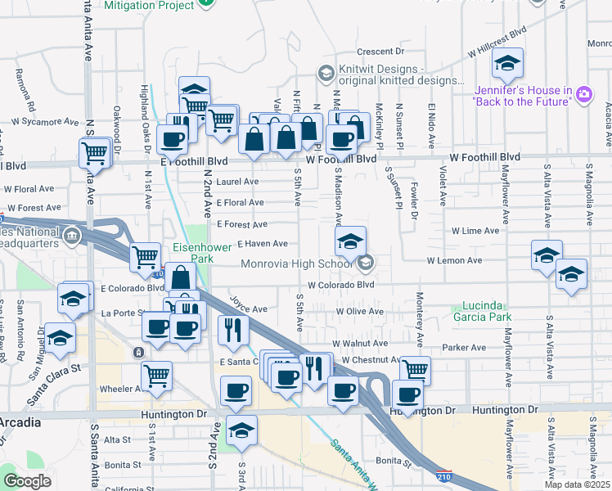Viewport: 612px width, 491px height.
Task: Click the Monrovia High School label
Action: pos(298,264)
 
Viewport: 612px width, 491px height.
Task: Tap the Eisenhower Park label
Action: pos(192,252)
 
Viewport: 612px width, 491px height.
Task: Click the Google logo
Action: pos(27,481)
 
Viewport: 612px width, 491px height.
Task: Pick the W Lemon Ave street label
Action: pos(454,260)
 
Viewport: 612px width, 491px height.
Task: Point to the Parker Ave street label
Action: pos(460,347)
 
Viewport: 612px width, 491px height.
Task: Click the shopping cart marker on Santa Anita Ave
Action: pos(95,152)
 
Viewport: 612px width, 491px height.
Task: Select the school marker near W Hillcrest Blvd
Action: pos(508,64)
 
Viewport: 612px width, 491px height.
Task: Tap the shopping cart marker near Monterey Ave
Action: pos(416,370)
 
